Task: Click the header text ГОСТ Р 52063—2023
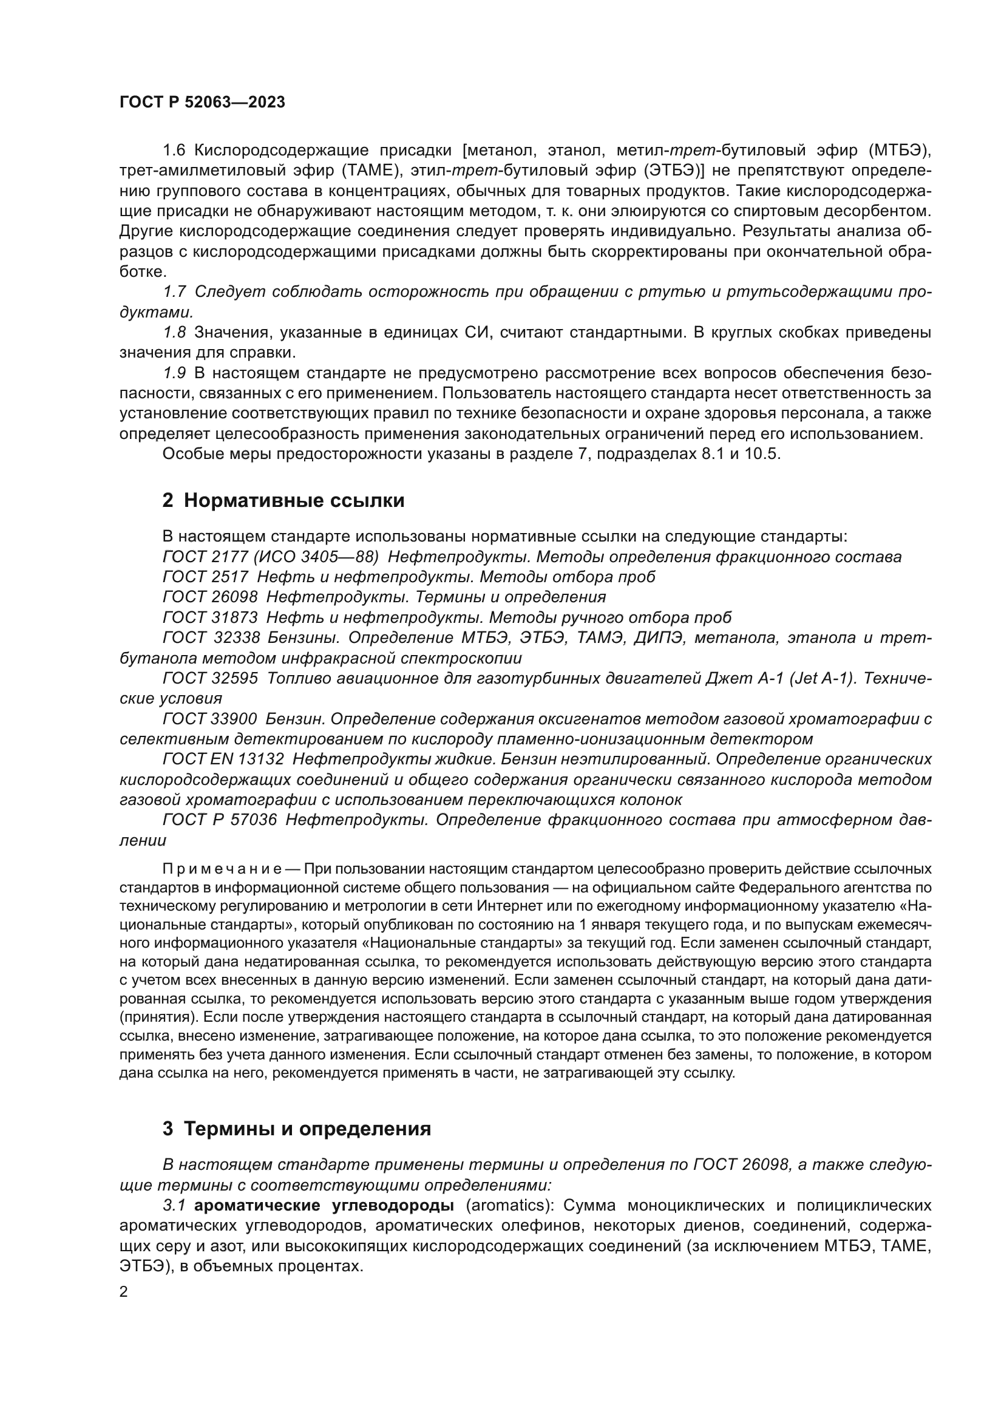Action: pyautogui.click(x=202, y=103)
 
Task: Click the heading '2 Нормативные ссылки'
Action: pyautogui.click(x=283, y=500)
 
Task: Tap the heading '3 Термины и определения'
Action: pyautogui.click(x=297, y=1129)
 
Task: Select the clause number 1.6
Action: pyautogui.click(x=174, y=151)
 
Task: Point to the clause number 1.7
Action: pyautogui.click(x=174, y=292)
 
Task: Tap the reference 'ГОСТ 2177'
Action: pyautogui.click(x=205, y=557)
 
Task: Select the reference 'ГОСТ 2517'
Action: pyautogui.click(x=205, y=577)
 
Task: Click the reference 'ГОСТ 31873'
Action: pyautogui.click(x=209, y=617)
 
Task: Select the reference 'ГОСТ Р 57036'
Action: pyautogui.click(x=220, y=820)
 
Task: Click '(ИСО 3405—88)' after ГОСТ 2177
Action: pyautogui.click(x=315, y=557)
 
